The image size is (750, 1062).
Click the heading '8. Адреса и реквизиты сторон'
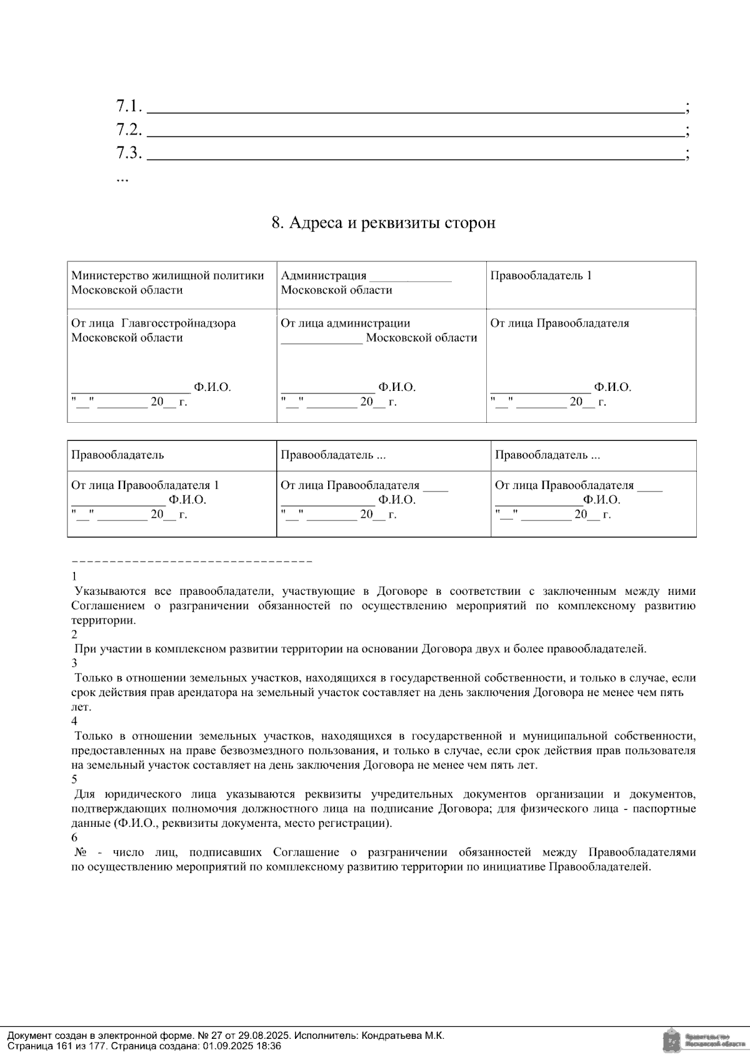pyautogui.click(x=383, y=223)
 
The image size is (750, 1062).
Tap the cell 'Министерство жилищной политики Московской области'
pyautogui.click(x=167, y=283)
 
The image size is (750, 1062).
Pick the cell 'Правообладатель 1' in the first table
pyautogui.click(x=541, y=276)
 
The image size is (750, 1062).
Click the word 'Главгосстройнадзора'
pyautogui.click(x=178, y=323)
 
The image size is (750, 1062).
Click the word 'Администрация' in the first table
pyautogui.click(x=323, y=276)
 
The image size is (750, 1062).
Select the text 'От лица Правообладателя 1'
pyautogui.click(x=145, y=485)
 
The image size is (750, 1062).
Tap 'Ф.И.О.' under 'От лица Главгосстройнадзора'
pyautogui.click(x=212, y=387)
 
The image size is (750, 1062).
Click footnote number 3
pyautogui.click(x=74, y=663)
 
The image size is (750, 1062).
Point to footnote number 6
pyautogui.click(x=74, y=837)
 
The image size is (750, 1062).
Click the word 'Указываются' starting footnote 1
pyautogui.click(x=110, y=591)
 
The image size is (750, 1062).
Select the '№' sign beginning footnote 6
pyautogui.click(x=80, y=852)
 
